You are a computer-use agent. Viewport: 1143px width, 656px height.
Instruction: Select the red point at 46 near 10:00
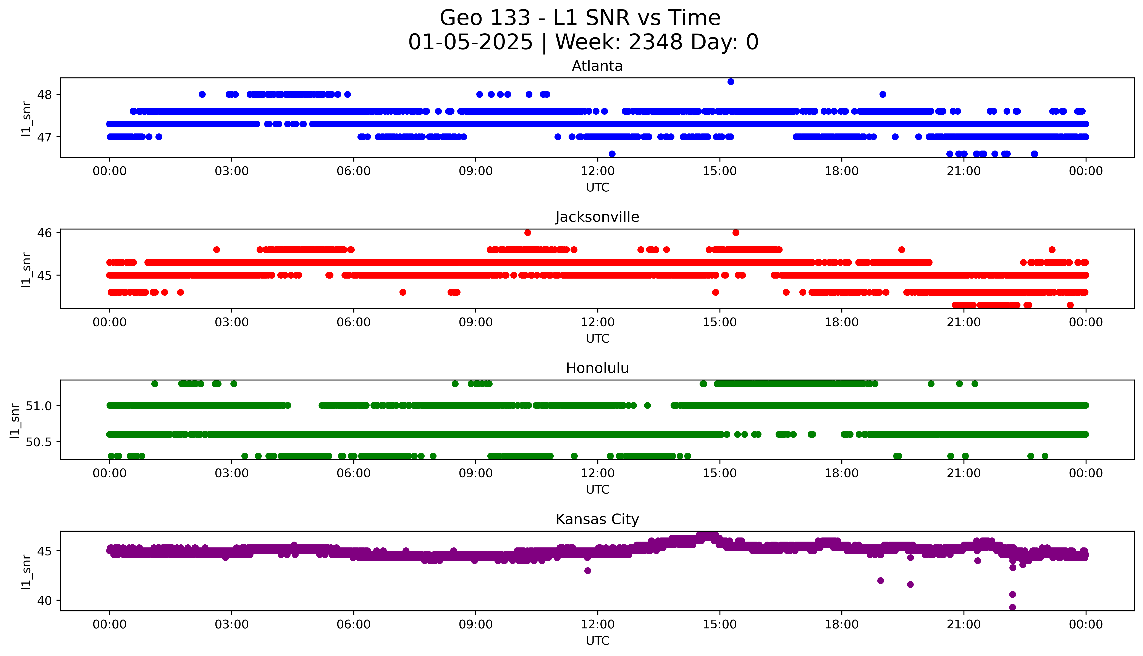[x=527, y=233]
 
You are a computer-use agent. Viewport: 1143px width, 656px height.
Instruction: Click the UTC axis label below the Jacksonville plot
[x=597, y=338]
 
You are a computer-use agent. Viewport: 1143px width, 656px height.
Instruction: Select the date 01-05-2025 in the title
[x=470, y=42]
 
